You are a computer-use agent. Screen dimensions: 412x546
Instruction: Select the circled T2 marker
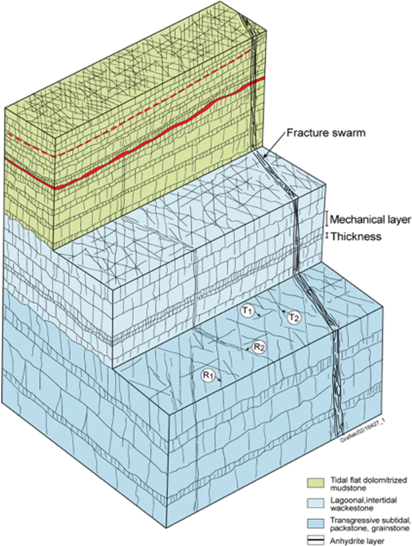(x=294, y=317)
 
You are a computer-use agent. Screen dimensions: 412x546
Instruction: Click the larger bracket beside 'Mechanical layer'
(x=327, y=218)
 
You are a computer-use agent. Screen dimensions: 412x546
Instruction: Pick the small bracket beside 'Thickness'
(x=327, y=236)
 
